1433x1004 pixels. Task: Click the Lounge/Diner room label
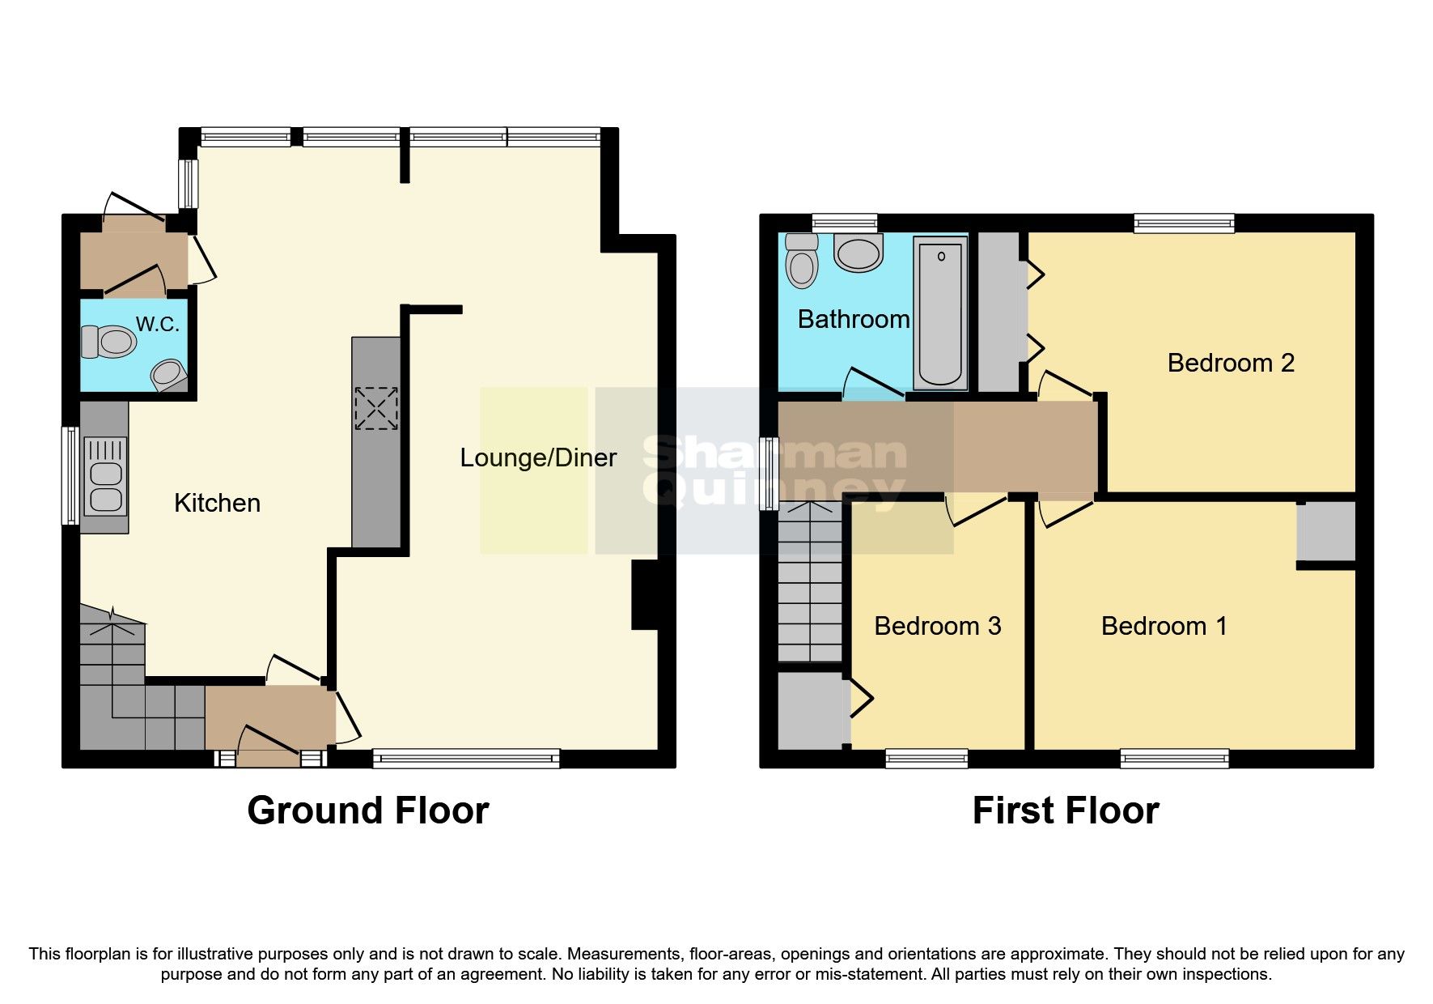click(538, 458)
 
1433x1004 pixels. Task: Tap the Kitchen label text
click(217, 504)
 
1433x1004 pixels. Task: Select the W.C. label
click(157, 325)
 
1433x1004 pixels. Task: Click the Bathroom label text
click(854, 320)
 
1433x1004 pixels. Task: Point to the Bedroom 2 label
click(1230, 363)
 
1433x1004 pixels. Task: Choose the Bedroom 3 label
click(937, 626)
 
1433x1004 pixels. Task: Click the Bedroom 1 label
click(1164, 626)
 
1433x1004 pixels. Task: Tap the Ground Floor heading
click(368, 810)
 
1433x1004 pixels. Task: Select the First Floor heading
click(1065, 810)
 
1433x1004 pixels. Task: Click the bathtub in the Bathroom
click(940, 313)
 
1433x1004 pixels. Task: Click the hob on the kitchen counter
click(376, 408)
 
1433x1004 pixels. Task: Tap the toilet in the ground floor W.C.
click(108, 342)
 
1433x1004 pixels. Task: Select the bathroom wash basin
click(858, 253)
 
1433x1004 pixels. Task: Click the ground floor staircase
click(129, 696)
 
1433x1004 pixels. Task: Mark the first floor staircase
click(809, 583)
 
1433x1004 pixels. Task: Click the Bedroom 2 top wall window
click(1184, 223)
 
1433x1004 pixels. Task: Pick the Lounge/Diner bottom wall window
click(466, 759)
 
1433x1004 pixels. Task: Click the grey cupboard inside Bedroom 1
click(1325, 531)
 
